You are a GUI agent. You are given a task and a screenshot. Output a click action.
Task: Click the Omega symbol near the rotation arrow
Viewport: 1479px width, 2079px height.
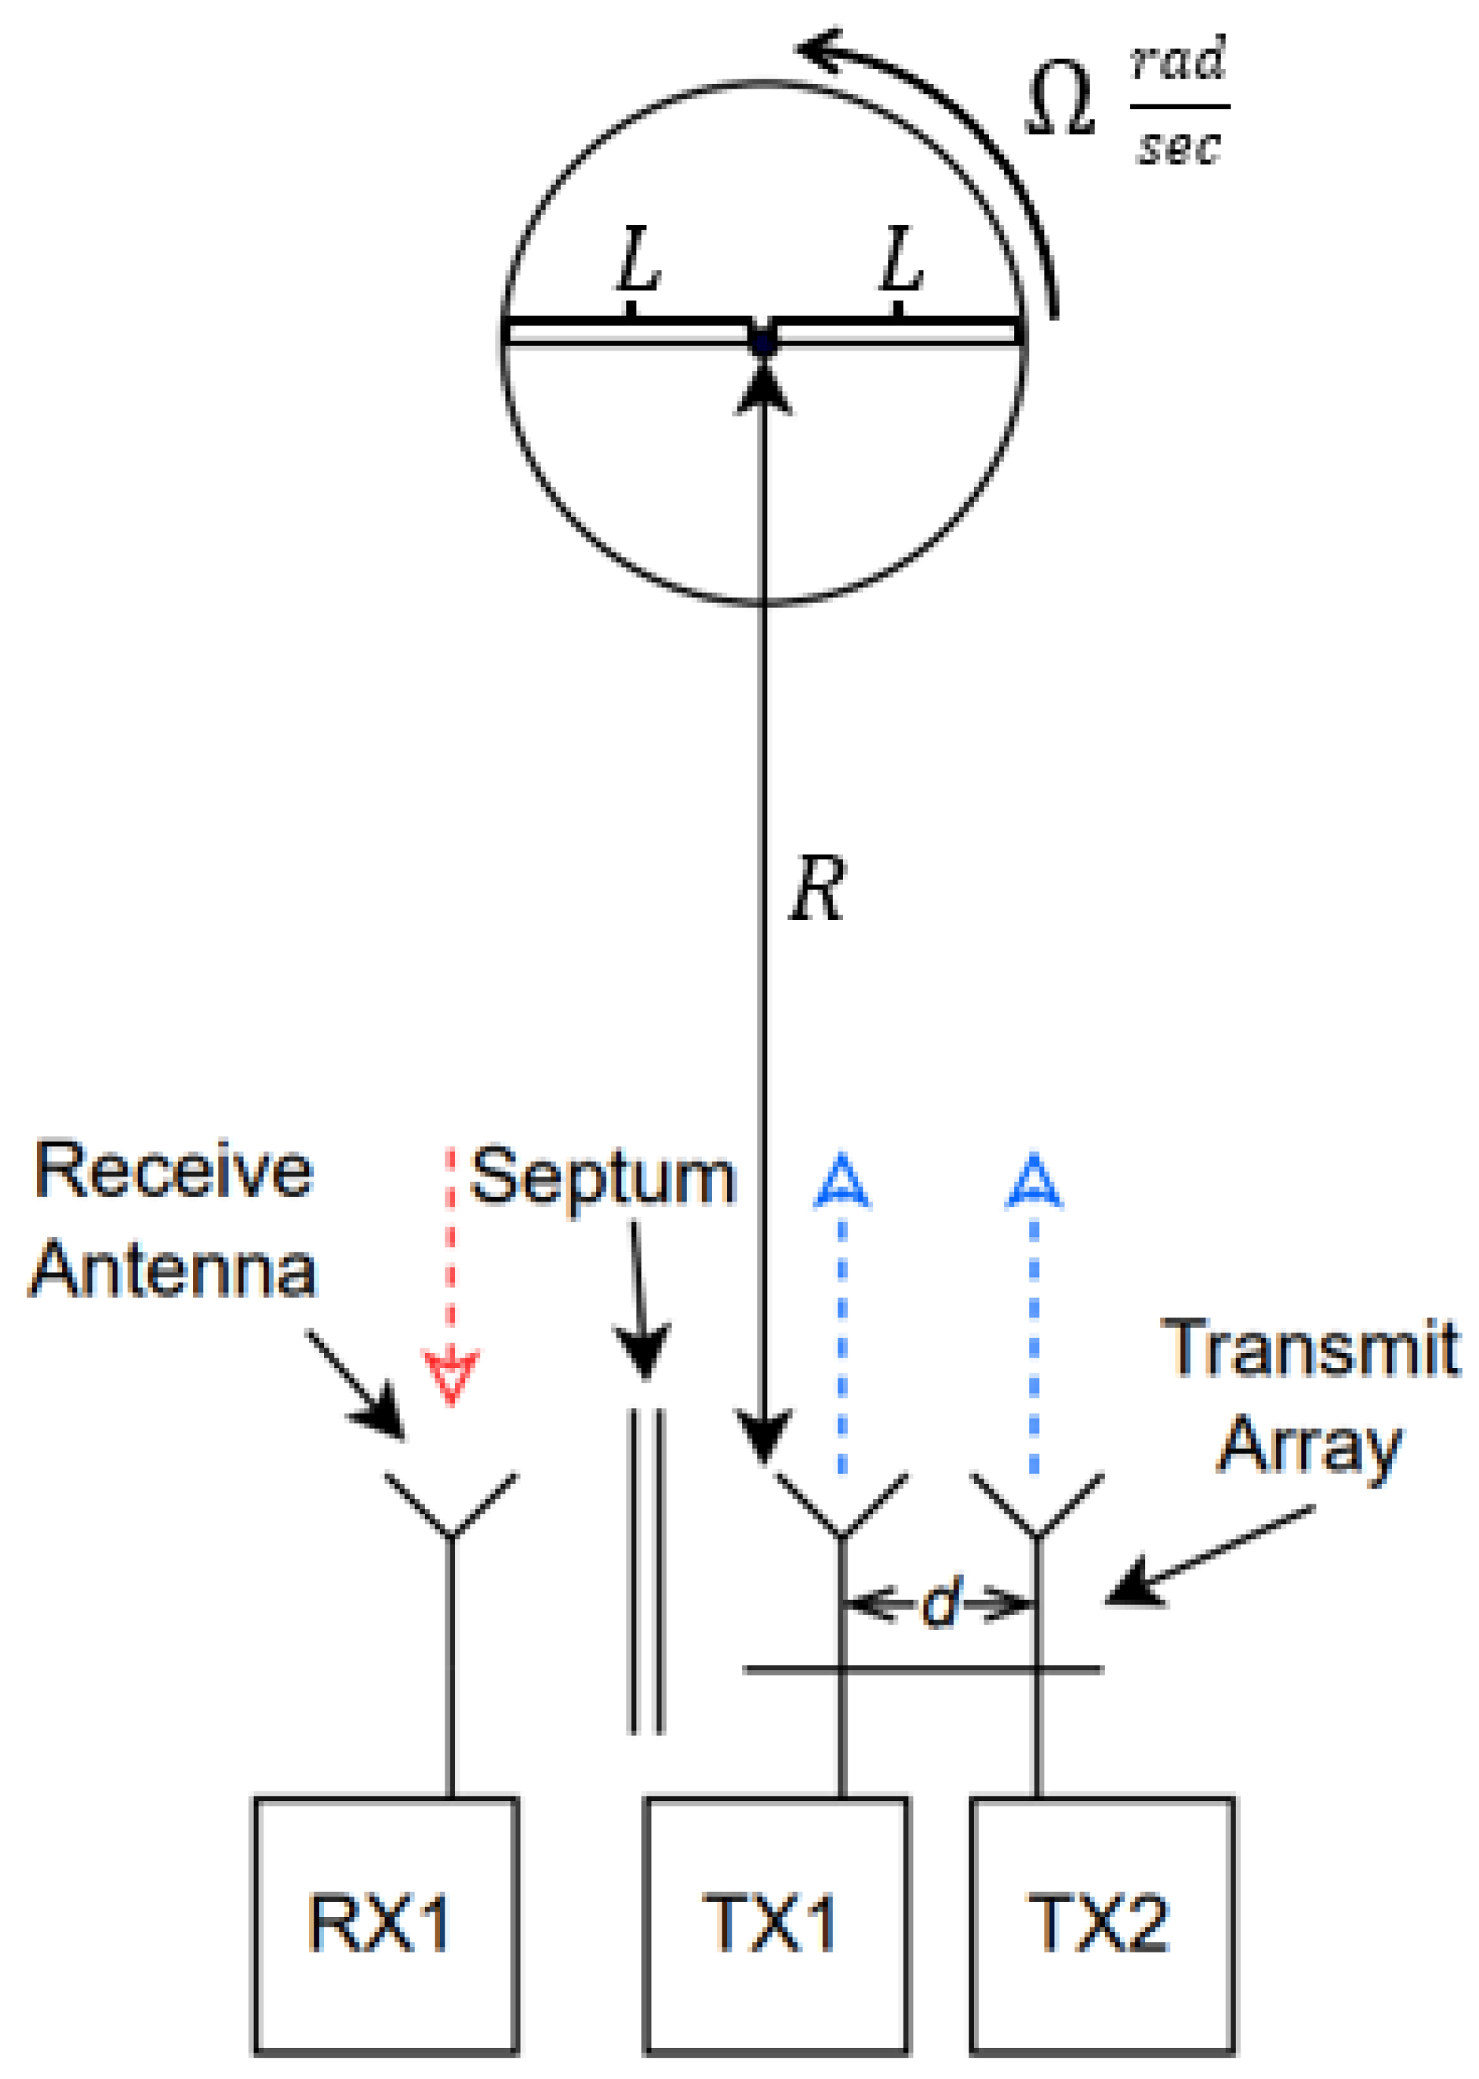[1060, 103]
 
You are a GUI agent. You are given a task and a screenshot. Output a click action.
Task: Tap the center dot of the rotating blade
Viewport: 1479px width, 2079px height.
[763, 343]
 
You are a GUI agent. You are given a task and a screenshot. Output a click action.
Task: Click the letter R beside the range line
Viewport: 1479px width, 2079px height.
[817, 890]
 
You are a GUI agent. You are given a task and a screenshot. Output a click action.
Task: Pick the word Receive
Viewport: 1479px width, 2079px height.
[173, 1171]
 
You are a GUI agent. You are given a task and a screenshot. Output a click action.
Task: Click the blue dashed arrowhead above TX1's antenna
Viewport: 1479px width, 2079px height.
[842, 1184]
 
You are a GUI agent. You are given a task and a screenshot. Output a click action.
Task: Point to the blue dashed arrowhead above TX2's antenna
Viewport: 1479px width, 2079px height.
[1034, 1184]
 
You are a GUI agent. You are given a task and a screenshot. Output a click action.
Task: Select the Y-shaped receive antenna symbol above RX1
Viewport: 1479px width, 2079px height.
[451, 1507]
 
